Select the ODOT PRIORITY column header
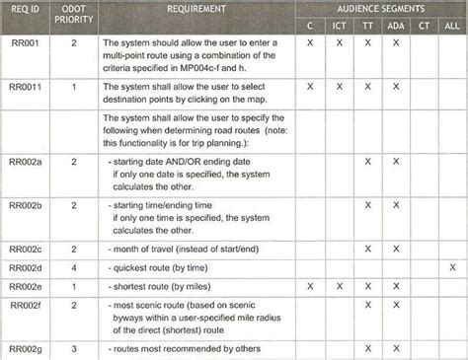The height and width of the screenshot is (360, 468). tap(73, 14)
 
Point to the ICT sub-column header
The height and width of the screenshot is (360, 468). tap(339, 25)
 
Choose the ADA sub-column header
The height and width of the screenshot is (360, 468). tap(396, 25)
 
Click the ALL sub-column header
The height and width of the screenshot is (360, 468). tap(451, 25)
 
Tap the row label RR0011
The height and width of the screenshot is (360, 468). tap(26, 88)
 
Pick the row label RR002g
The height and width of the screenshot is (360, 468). tap(26, 348)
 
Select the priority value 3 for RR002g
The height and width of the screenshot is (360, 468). tap(73, 348)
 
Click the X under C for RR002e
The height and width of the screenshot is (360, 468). tap(310, 286)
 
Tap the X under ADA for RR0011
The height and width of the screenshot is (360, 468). tap(396, 88)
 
